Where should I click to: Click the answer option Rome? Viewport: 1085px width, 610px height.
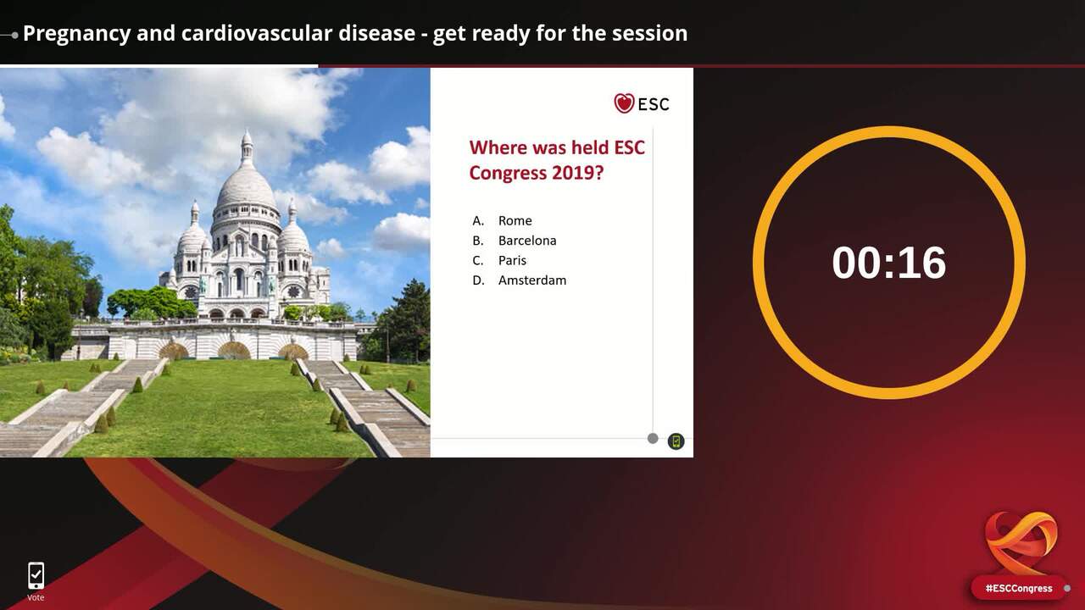tap(515, 221)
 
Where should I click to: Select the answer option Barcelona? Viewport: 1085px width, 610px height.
tap(527, 241)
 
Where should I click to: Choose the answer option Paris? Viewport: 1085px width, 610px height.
tap(512, 260)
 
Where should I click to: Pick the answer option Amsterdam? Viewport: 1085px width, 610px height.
tap(531, 280)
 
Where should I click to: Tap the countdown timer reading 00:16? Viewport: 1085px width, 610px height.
tap(889, 263)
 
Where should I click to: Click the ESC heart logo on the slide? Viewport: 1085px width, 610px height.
tap(624, 103)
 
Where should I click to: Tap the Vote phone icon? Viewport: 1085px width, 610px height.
tap(36, 575)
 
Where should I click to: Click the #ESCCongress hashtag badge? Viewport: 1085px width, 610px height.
tap(1019, 588)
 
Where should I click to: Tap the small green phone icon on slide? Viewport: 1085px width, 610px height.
tap(676, 441)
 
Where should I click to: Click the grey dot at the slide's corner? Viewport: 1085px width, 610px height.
tap(653, 439)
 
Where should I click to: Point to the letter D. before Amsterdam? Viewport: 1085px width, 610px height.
tap(478, 280)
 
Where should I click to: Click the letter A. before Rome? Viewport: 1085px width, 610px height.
tap(478, 221)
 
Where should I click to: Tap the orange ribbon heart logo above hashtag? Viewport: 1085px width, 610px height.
tap(1021, 543)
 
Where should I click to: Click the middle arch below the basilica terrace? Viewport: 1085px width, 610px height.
tap(234, 351)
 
